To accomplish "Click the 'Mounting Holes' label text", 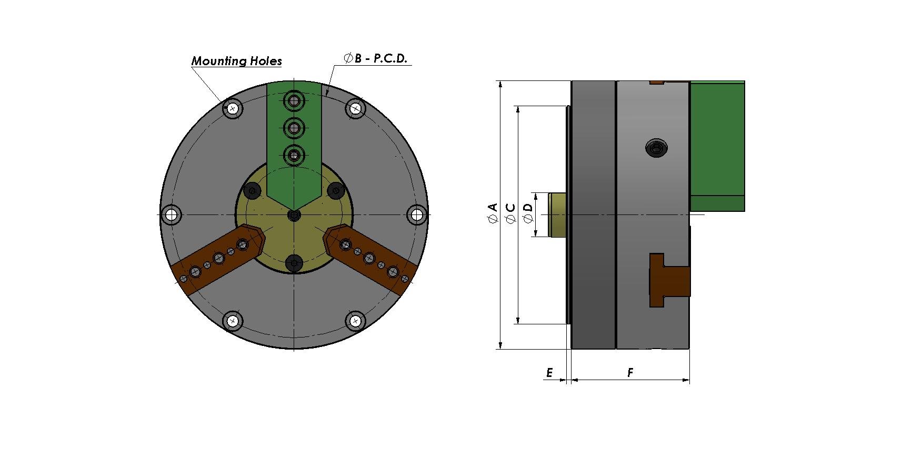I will (236, 61).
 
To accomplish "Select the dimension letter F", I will (630, 373).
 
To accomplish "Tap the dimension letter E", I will (549, 373).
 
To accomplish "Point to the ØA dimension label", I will (493, 213).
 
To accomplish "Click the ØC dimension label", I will (510, 213).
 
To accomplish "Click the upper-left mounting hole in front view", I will (233, 109).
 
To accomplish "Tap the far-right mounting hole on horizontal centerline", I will (417, 214).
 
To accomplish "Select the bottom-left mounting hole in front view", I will (233, 321).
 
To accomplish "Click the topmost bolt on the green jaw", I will (294, 100).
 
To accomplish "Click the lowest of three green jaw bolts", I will (294, 155).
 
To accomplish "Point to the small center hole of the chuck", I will (294, 215).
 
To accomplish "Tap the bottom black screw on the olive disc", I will (294, 263).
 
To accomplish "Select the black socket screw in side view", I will (656, 148).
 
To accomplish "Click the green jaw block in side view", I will (717, 146).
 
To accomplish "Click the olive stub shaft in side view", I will (557, 214).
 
